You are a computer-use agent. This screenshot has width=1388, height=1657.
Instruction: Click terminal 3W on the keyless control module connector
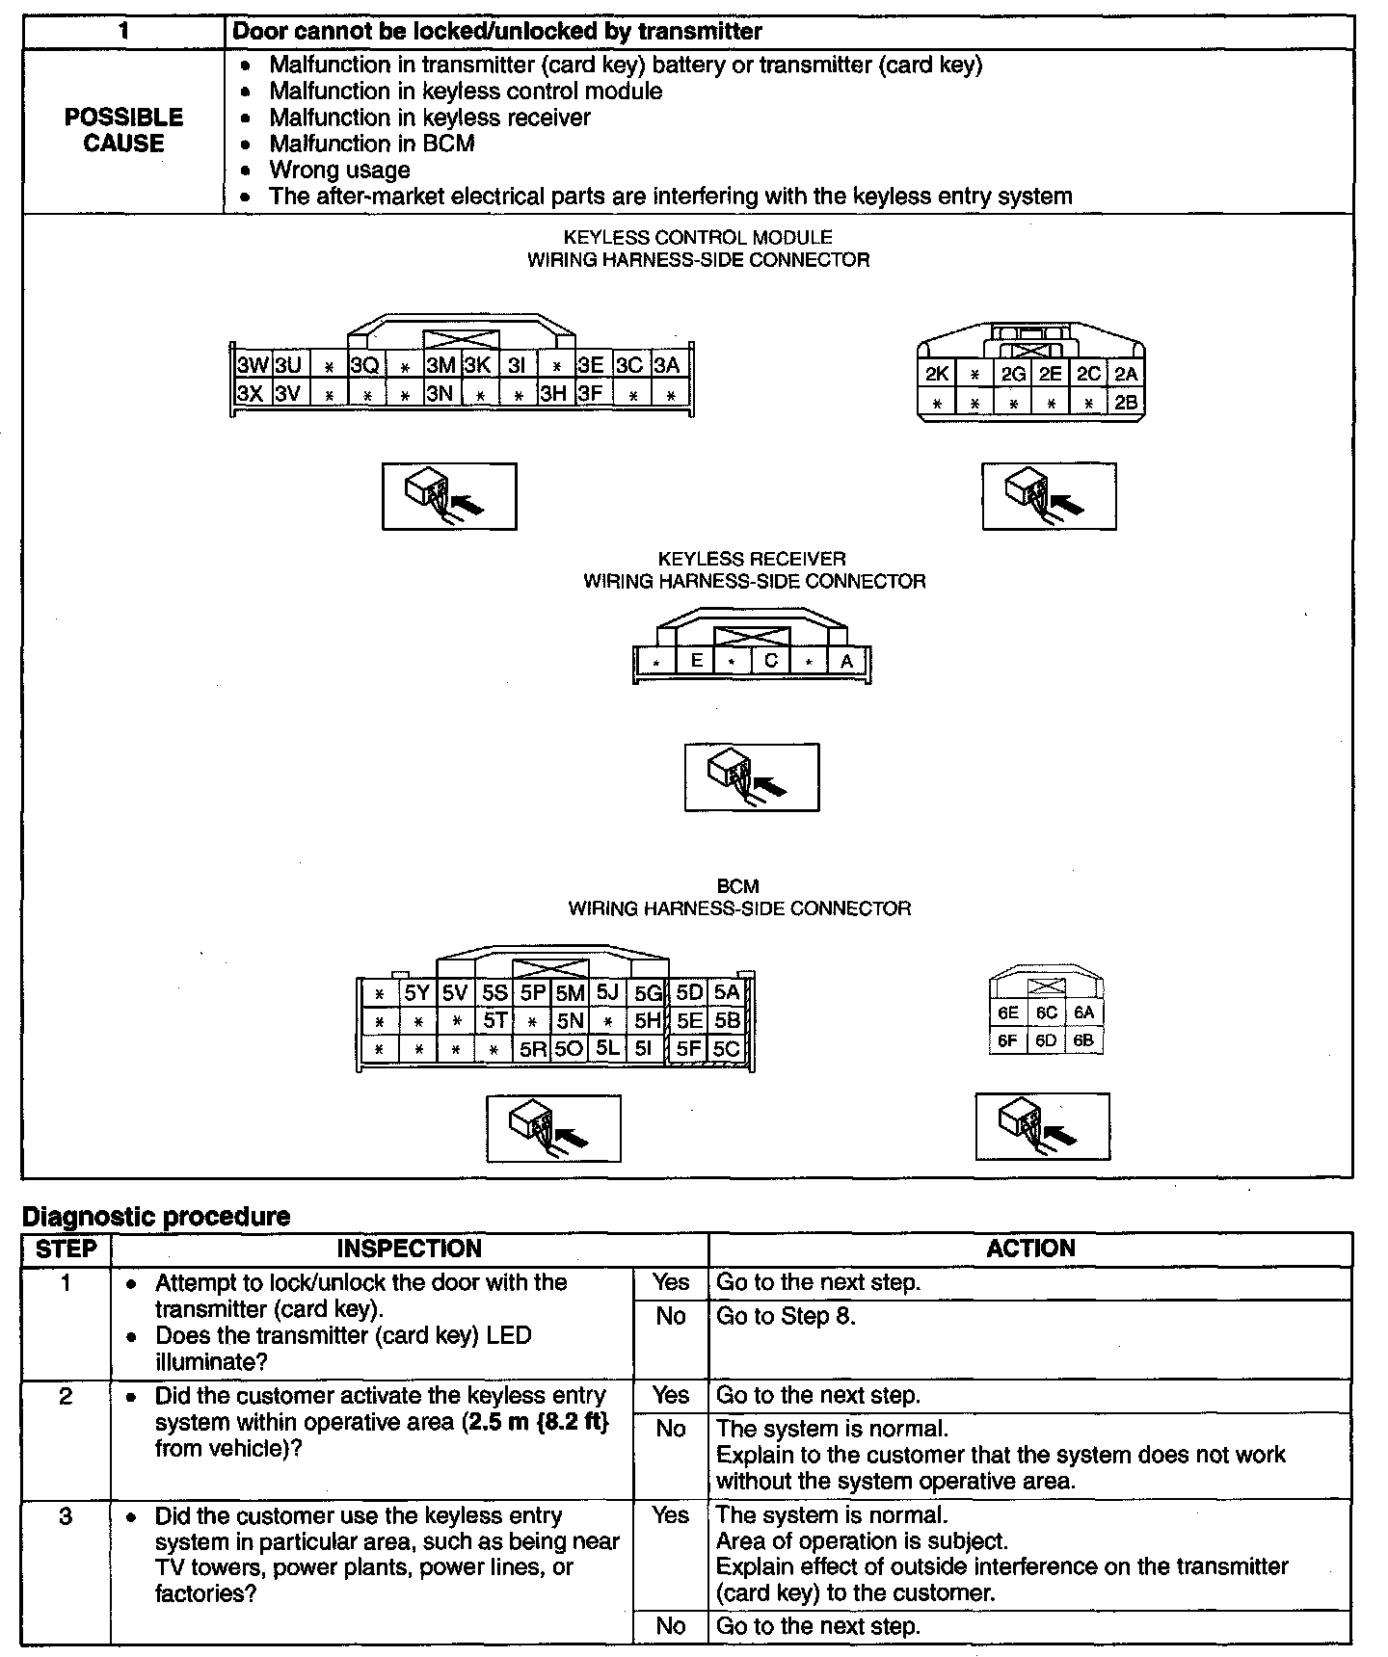(x=253, y=365)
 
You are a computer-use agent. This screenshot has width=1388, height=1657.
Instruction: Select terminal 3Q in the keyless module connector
(x=365, y=365)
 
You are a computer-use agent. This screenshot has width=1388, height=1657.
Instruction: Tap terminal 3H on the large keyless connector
(x=553, y=393)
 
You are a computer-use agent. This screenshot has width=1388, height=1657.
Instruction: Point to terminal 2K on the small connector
(x=937, y=374)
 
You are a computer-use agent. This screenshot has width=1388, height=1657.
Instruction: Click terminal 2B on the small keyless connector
(x=1126, y=403)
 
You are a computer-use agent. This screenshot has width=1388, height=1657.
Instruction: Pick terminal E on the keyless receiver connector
(x=696, y=661)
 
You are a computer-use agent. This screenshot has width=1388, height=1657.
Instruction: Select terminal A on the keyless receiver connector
(x=846, y=661)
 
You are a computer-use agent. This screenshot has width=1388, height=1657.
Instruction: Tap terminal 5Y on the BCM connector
(x=417, y=993)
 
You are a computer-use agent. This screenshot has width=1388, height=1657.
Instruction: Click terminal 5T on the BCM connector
(x=494, y=1020)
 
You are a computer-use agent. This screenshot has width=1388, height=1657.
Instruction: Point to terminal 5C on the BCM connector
(x=727, y=1048)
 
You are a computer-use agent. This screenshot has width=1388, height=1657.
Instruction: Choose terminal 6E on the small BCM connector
(x=1008, y=1013)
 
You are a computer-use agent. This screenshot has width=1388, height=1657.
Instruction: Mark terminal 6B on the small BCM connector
(x=1083, y=1040)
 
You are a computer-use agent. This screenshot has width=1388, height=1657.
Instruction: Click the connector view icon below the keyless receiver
(x=752, y=777)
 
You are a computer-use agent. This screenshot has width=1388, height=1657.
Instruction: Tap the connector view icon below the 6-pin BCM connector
(x=1042, y=1126)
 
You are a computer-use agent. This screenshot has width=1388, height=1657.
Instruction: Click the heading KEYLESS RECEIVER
(x=752, y=559)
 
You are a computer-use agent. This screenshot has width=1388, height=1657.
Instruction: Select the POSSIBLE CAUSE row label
(x=123, y=130)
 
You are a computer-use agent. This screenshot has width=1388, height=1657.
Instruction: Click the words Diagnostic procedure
(x=156, y=1217)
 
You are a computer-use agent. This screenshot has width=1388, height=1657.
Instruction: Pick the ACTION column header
(x=1030, y=1249)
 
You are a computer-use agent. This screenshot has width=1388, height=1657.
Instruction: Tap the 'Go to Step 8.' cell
(x=786, y=1316)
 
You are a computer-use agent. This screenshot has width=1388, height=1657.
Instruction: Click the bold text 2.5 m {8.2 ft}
(x=537, y=1422)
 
